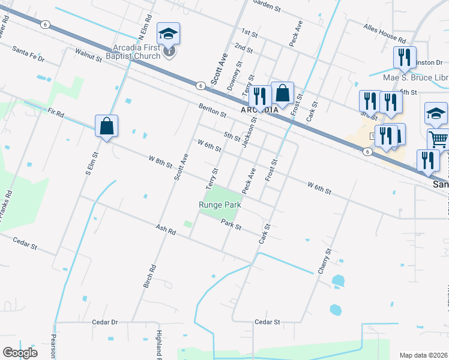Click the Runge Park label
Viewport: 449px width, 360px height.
[x=220, y=205]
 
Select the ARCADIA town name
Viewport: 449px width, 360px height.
[x=260, y=110]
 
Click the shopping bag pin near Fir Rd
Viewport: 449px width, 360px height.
[x=106, y=127]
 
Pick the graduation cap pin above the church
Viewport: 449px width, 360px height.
[x=169, y=34]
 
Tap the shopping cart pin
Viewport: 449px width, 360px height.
[x=438, y=139]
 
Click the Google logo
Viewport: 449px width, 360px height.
[x=20, y=353]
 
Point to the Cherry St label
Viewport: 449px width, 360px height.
[x=325, y=262]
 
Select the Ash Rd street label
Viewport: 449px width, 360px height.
[x=165, y=229]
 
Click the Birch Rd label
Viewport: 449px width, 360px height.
[x=149, y=276]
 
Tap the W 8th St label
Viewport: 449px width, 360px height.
[x=160, y=161]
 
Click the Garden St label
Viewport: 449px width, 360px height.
[x=267, y=7]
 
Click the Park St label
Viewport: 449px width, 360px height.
[x=231, y=225]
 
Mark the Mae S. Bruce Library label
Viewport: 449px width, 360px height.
[x=416, y=78]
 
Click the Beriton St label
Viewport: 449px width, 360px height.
[x=212, y=110]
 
